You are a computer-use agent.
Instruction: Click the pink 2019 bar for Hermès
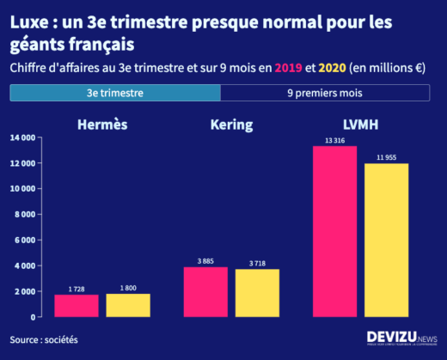77,306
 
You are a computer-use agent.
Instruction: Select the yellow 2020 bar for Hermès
128,305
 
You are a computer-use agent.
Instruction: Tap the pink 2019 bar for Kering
205,292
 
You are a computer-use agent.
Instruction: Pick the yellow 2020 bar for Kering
257,293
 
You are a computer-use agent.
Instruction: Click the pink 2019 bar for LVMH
334,231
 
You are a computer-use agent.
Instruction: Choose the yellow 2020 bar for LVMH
386,240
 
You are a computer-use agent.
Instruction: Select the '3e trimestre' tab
115,92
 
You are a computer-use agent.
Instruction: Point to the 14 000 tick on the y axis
22,137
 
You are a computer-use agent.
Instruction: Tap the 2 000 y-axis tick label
24,292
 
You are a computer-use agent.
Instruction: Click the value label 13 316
334,140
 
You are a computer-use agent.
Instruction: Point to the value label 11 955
386,157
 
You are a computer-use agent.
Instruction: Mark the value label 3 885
205,261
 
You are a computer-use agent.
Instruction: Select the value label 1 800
128,288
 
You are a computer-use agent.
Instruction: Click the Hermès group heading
102,125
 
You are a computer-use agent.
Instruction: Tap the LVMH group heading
360,125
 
